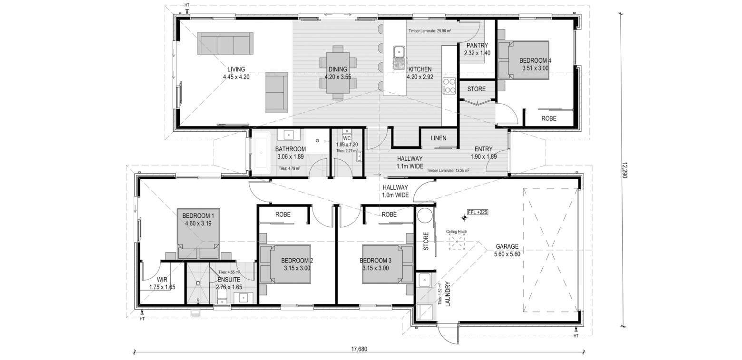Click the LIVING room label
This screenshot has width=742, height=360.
[236, 69]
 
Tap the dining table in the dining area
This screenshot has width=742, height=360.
[338, 73]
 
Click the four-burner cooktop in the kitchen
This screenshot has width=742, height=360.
[449, 86]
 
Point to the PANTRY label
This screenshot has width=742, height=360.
[477, 45]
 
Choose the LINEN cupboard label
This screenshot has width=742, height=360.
[439, 138]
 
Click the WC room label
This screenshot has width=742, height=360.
[347, 138]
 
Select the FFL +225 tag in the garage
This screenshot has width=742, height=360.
[478, 212]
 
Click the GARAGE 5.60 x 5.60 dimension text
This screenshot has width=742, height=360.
[507, 254]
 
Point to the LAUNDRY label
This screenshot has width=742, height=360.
[448, 294]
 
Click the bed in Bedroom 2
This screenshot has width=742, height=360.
[285, 264]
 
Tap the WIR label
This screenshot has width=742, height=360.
[162, 280]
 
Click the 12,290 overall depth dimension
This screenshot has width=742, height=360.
[625, 170]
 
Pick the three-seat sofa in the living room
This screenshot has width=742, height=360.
[225, 43]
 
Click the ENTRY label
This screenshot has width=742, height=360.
[484, 149]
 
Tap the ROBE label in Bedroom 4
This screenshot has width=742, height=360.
[549, 118]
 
